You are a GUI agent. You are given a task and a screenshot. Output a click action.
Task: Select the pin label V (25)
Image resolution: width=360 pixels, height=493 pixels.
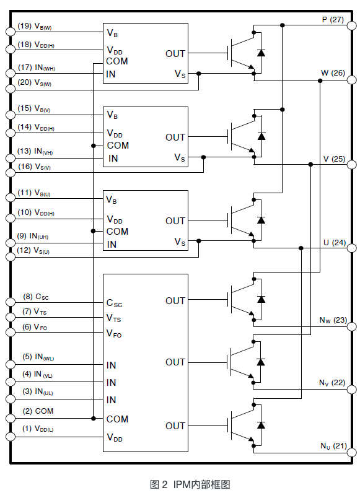tap(333, 159)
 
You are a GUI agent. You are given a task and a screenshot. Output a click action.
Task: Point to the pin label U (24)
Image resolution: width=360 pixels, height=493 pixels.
tap(333, 242)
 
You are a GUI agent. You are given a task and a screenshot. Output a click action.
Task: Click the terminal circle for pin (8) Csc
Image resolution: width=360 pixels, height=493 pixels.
tap(9, 302)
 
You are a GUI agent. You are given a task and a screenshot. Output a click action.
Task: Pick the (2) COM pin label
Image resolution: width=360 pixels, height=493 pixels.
tap(38, 411)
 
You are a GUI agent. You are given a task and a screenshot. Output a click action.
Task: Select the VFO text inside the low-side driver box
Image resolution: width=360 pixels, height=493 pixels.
tap(114, 334)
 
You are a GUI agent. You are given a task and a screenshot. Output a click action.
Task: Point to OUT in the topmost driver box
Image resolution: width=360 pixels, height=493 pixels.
tap(175, 54)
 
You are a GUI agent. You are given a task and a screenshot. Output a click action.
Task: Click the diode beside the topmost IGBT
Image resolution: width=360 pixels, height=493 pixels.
tap(261, 53)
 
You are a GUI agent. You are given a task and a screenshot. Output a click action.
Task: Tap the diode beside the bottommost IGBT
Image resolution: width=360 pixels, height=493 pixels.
tap(261, 425)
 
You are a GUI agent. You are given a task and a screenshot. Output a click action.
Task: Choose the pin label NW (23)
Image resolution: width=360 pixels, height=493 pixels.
tap(333, 320)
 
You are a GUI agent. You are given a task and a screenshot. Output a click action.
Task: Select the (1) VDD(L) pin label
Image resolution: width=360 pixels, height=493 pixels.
tap(38, 429)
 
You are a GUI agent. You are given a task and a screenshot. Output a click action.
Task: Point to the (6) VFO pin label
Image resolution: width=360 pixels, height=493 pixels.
tap(35, 327)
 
